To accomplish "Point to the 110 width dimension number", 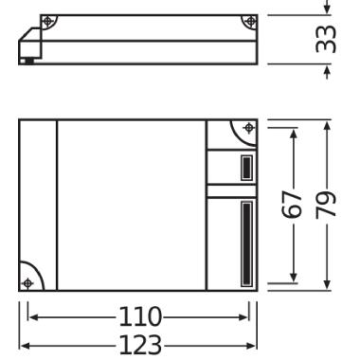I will (x=138, y=316).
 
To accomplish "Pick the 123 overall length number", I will (x=138, y=342).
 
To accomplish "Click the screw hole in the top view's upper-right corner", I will (x=248, y=128).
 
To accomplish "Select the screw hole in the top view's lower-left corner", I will (x=28, y=281).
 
